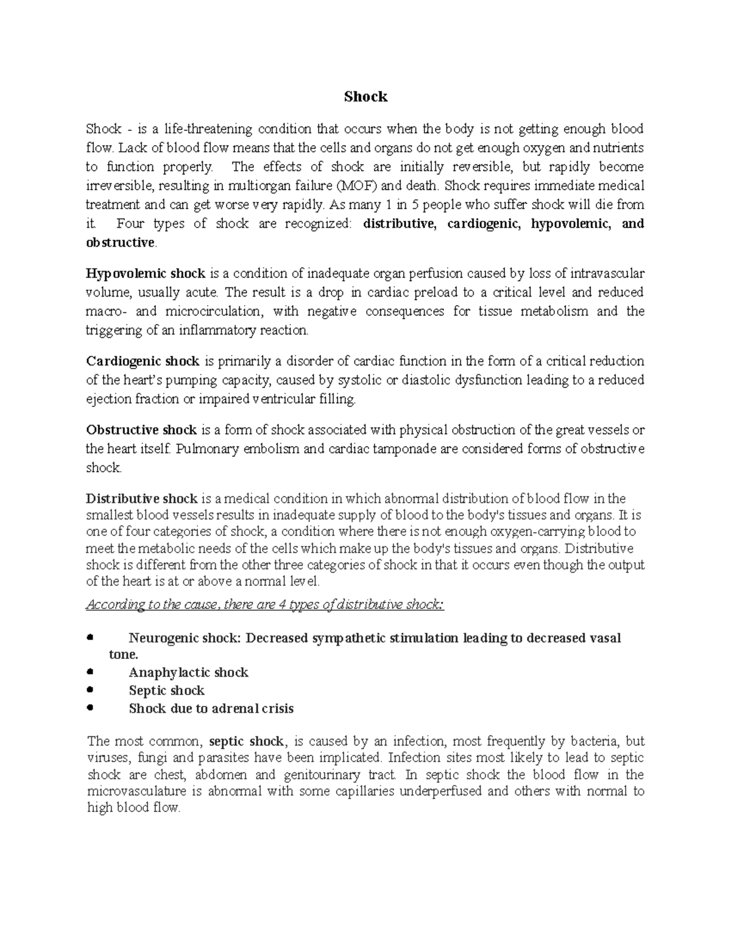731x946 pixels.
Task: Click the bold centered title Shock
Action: coord(365,97)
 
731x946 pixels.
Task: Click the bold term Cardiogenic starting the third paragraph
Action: coord(125,361)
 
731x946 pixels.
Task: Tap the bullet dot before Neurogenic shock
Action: coord(90,638)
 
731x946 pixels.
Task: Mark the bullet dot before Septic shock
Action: coord(90,690)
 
